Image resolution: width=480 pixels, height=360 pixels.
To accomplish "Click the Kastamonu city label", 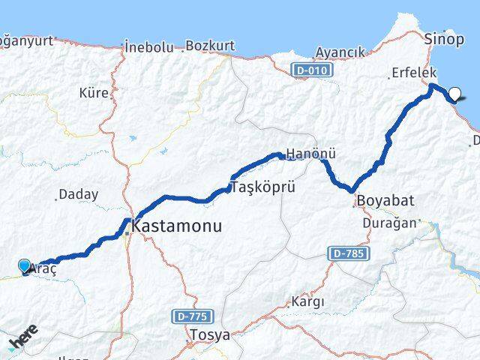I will (x=177, y=225).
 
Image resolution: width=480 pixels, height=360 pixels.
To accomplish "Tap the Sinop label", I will (x=444, y=37).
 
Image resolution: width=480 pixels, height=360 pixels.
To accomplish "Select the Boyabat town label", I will (x=385, y=201).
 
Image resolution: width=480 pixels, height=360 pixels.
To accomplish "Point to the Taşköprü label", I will (x=260, y=187).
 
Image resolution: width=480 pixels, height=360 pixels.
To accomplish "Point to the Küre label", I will (x=94, y=94).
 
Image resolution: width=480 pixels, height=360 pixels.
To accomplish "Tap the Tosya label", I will (x=210, y=334).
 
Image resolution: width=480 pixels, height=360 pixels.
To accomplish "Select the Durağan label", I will (x=387, y=223).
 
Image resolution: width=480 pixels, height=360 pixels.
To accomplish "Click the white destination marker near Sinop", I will (x=455, y=94).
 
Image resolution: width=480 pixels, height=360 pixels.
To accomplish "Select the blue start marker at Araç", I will (x=25, y=266).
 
